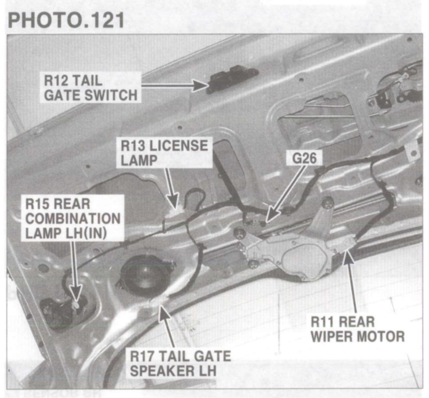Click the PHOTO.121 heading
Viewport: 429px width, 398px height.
66,19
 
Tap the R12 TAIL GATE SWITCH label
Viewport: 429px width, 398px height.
90,88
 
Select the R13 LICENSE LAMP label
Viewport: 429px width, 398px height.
163,152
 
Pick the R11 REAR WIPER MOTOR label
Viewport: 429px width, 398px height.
357,329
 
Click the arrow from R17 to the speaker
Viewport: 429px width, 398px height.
167,325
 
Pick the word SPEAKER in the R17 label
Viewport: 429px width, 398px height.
161,370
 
